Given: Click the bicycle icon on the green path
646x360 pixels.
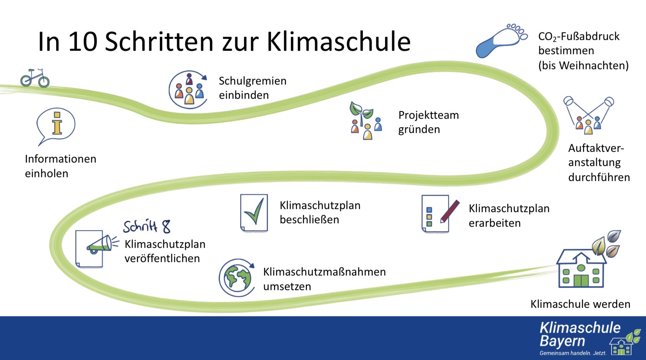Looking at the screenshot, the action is [x=35, y=78].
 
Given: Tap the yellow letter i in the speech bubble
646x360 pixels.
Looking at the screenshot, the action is [x=57, y=123].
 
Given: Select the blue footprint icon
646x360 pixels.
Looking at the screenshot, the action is [x=502, y=41].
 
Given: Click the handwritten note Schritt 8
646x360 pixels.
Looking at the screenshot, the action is [x=147, y=226].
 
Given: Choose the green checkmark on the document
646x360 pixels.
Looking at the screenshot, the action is [x=254, y=211].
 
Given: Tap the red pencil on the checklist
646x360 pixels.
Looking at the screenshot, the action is [x=450, y=211].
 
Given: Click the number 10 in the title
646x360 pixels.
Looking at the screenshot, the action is [x=83, y=42].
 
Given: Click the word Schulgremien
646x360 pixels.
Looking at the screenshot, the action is [x=252, y=81].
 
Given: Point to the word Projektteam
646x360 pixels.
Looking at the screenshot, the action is [x=428, y=115].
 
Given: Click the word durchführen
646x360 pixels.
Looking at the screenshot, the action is [x=599, y=177].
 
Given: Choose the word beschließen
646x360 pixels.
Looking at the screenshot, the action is [x=309, y=220].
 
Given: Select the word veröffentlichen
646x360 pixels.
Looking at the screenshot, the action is [x=162, y=259].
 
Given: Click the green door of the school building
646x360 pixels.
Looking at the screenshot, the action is [x=581, y=280].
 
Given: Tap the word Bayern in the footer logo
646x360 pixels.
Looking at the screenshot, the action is [x=562, y=342].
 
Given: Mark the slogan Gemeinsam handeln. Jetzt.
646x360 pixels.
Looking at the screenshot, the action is [x=573, y=353].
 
